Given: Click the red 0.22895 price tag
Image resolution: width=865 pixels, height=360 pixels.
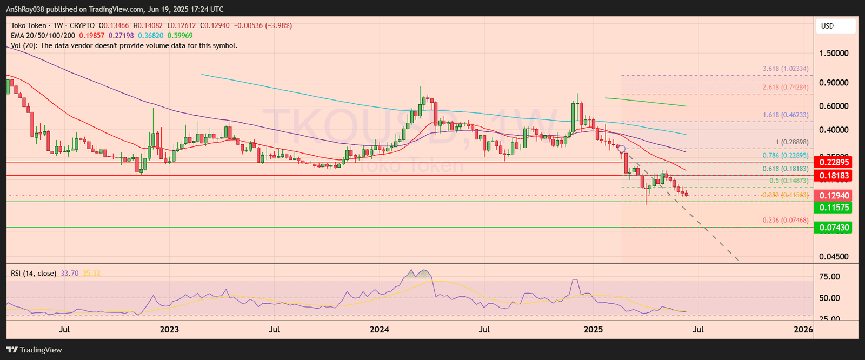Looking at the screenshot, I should [834, 162].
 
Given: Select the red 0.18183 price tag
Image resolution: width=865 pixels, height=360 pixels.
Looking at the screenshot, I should [834, 176].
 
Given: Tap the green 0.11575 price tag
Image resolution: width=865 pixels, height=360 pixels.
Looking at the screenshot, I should [834, 208].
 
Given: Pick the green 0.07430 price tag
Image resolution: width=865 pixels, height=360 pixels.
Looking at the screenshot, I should [834, 228].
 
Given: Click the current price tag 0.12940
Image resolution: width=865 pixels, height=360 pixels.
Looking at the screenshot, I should [834, 196].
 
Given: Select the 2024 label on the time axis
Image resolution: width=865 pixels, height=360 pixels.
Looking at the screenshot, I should [380, 330].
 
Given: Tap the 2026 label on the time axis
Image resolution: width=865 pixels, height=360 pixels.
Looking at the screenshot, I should [803, 330].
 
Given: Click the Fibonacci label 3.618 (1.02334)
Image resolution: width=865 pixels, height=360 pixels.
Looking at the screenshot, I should [786, 69].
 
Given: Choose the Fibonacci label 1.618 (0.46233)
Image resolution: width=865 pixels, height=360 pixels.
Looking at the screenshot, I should [786, 115].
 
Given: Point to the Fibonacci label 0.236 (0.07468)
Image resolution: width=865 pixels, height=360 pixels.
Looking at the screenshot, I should [786, 221].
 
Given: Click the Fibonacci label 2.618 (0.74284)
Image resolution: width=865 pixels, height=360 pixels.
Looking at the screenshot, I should [786, 88].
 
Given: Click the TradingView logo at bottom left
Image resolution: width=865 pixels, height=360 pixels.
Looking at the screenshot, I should [34, 350].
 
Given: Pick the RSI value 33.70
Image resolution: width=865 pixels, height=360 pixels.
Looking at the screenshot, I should [70, 274].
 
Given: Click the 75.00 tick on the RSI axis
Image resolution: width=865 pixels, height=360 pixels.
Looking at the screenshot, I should [829, 277].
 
